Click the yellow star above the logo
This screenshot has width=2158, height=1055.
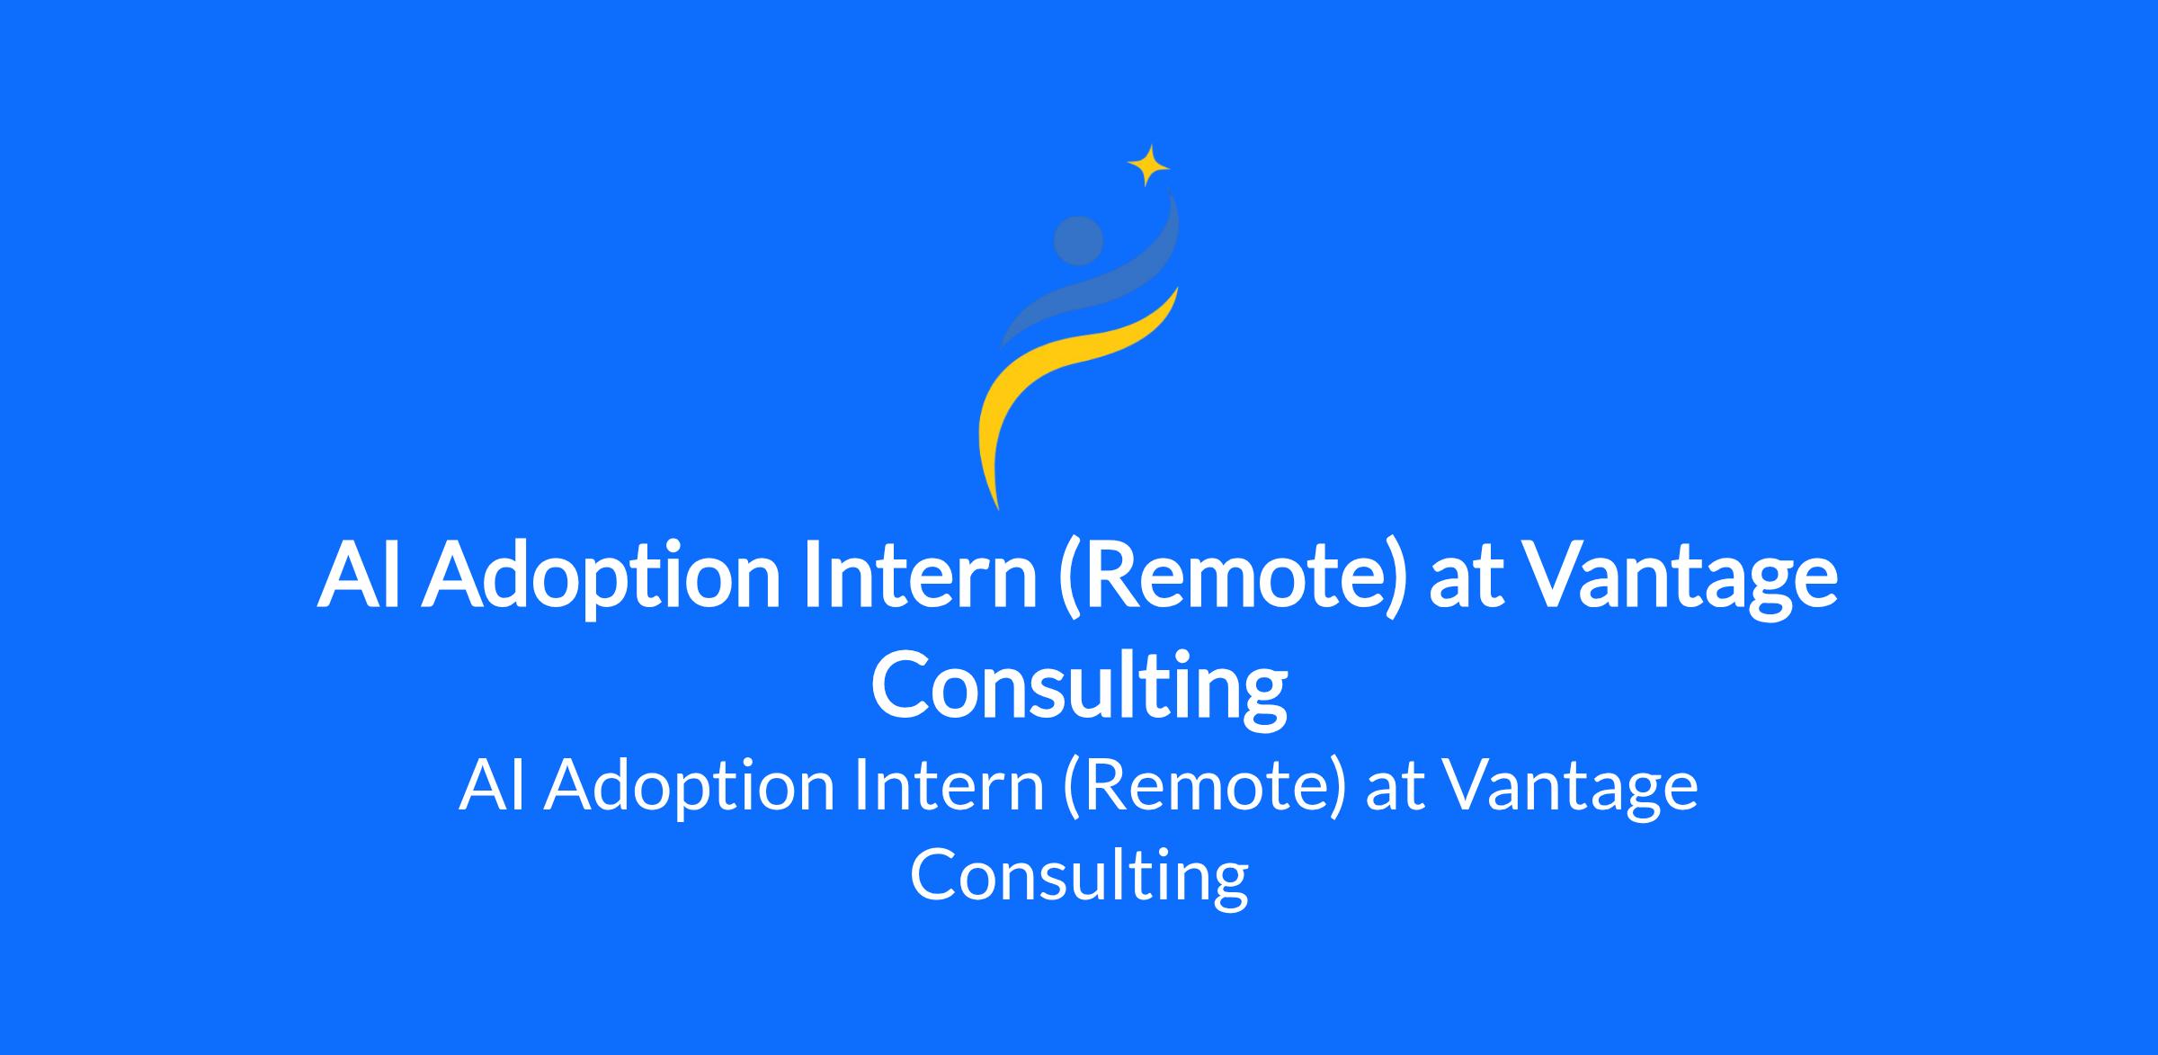[x=1148, y=165]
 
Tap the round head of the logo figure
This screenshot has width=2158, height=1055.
[x=1078, y=241]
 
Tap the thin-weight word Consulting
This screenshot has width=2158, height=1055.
[x=1079, y=878]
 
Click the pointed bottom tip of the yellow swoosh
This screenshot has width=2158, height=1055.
[x=998, y=510]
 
